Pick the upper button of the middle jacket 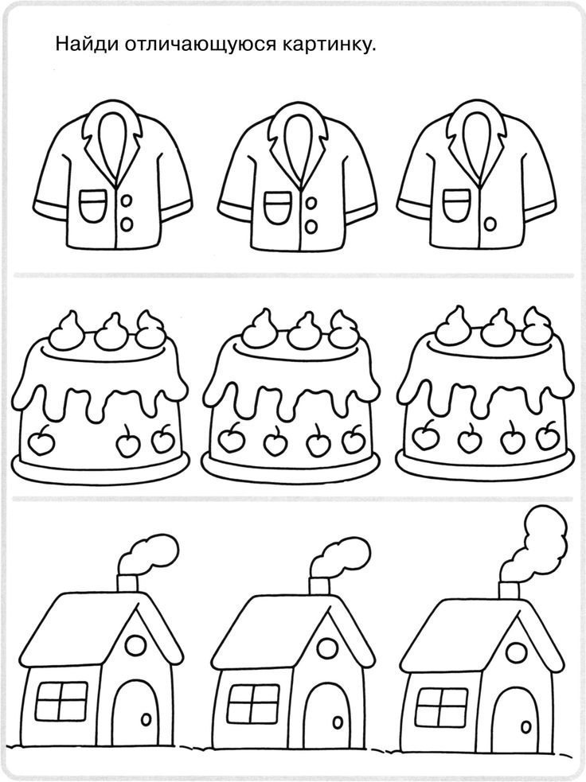[x=311, y=204]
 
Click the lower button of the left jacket [x=127, y=224]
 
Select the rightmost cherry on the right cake [x=548, y=437]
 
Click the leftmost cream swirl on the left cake [x=64, y=331]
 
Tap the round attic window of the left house [x=135, y=646]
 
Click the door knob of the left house [x=146, y=720]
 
